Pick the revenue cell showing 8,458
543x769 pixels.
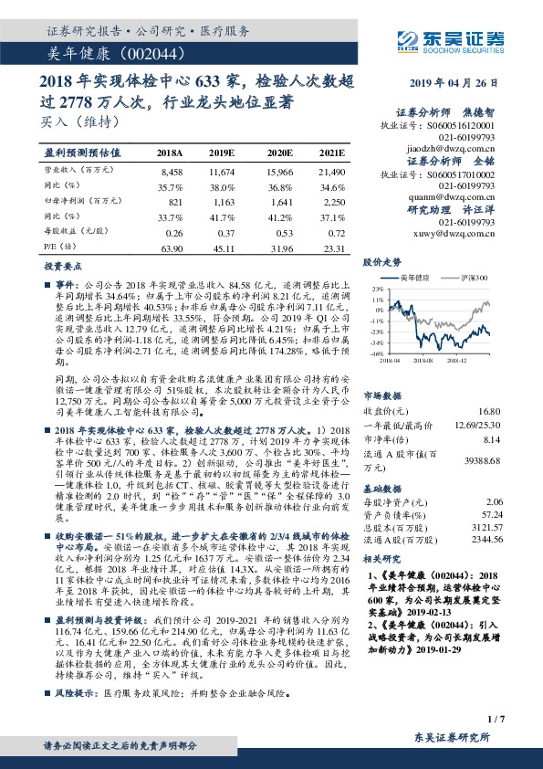(172, 171)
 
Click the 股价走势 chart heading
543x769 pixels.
(382, 262)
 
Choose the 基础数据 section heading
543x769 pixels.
(382, 488)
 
